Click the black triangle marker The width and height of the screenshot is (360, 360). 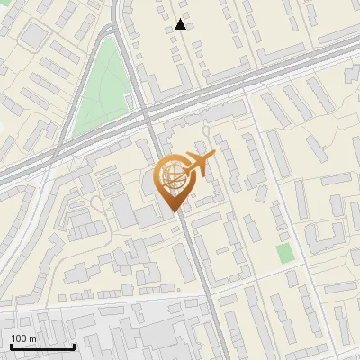coord(181,24)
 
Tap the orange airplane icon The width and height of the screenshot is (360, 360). coord(196,164)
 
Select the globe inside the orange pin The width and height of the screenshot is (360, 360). coord(172,177)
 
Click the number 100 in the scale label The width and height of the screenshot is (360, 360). coord(18,338)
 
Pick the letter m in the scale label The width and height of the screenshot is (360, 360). coord(32,338)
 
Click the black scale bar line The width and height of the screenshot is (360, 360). coord(40,346)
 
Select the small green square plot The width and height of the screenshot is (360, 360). coord(284,253)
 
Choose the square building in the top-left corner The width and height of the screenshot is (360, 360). coord(33,36)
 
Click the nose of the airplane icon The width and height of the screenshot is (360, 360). coord(214,157)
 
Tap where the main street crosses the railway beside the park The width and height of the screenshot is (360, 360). coord(147,115)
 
